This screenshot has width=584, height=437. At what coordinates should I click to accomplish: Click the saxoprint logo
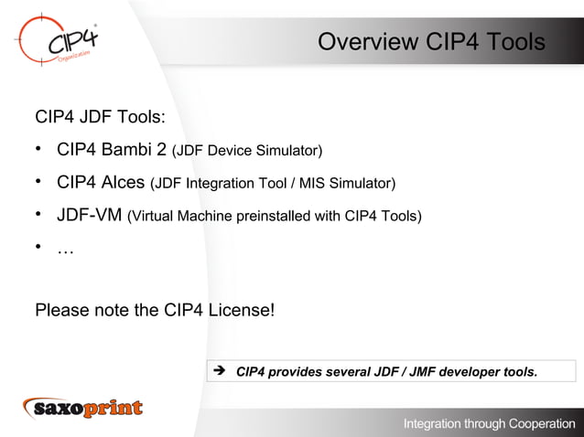(83, 408)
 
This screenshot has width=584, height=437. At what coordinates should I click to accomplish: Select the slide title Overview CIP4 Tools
(430, 43)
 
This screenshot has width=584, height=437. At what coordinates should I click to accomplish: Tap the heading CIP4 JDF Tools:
(100, 117)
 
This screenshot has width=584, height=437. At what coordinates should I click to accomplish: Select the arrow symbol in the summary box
(219, 371)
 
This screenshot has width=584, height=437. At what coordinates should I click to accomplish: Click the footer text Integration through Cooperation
(489, 423)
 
